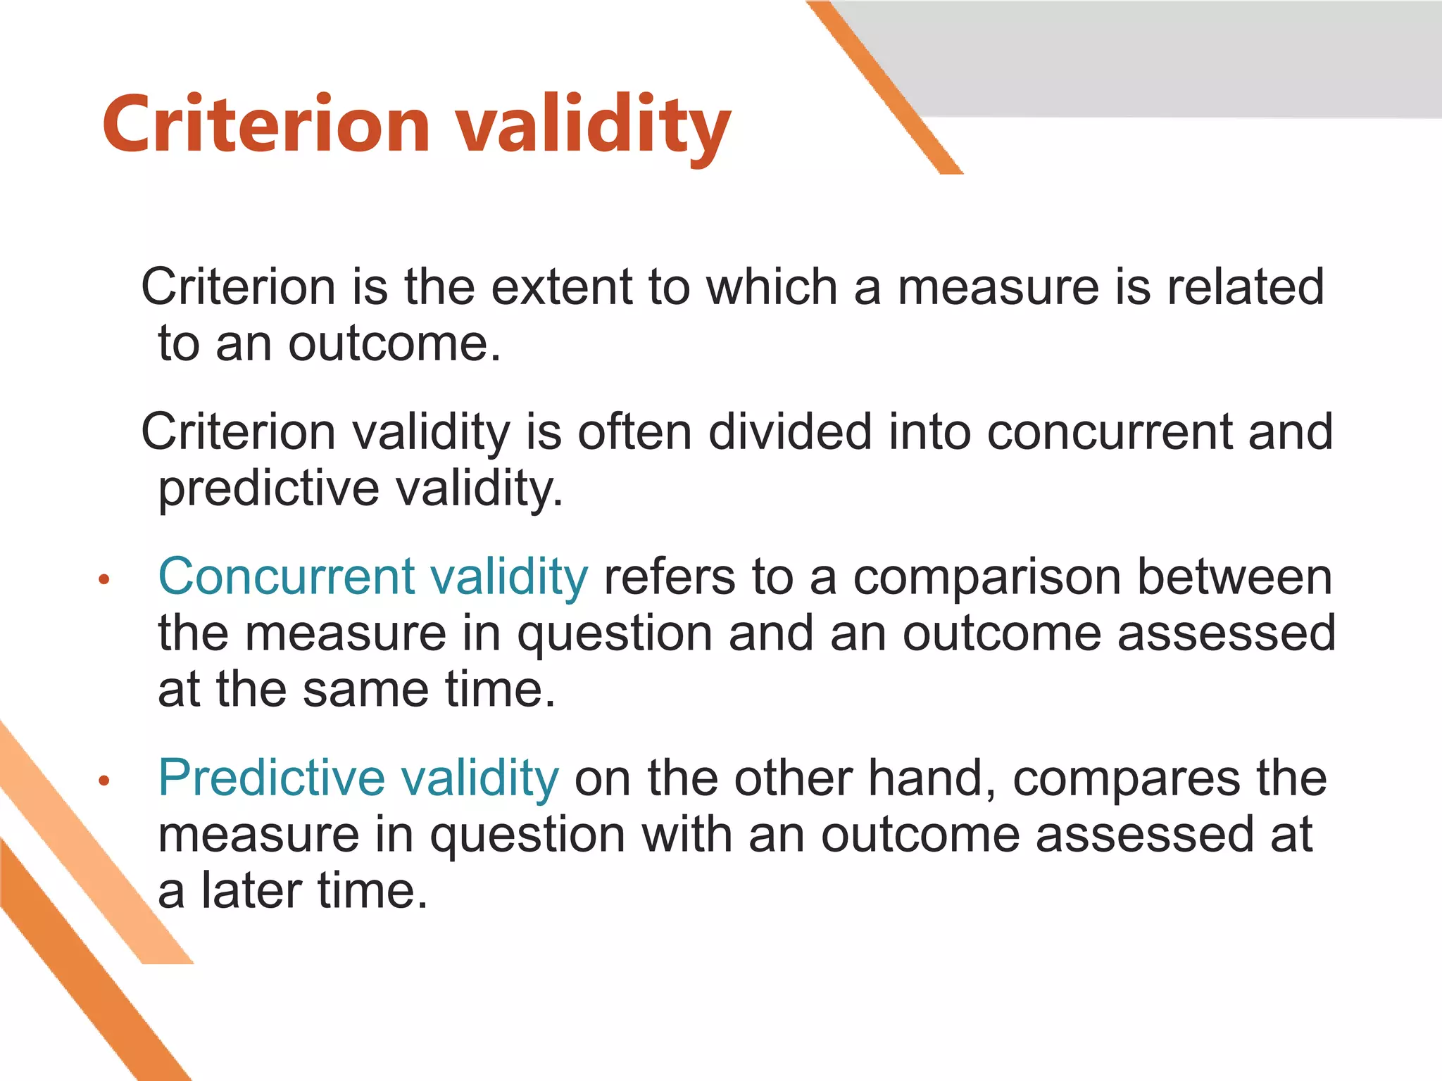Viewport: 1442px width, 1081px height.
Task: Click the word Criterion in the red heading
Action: (265, 125)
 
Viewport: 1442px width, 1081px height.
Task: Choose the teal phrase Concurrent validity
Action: (372, 576)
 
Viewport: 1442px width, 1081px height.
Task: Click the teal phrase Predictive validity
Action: (358, 778)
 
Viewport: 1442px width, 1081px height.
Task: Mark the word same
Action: (365, 689)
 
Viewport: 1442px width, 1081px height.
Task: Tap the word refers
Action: (669, 576)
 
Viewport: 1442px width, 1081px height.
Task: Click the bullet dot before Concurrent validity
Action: (104, 580)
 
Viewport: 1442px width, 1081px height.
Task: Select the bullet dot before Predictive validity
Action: (104, 780)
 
